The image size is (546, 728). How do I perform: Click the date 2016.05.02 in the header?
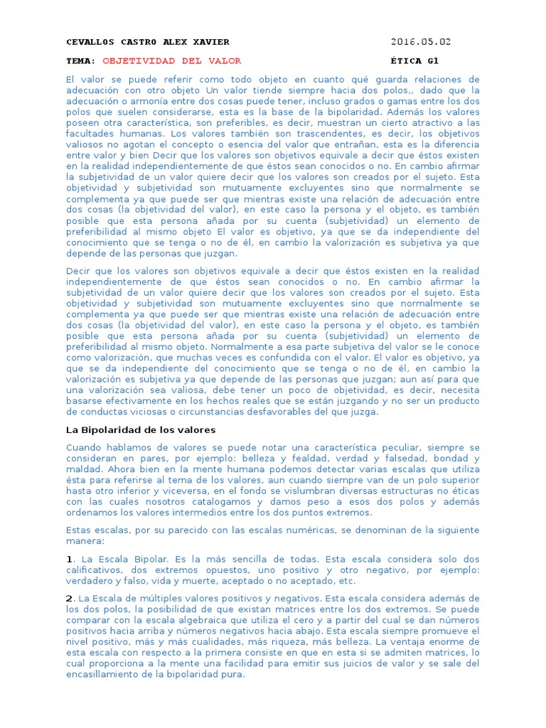[420, 42]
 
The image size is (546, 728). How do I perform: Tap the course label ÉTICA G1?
[419, 61]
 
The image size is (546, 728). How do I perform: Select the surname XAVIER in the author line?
[205, 42]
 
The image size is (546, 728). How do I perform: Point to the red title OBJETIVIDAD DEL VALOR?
[172, 61]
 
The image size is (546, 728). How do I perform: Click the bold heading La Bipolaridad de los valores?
[141, 430]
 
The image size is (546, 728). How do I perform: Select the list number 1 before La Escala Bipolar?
[69, 559]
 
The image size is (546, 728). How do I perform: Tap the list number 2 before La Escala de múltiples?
[69, 599]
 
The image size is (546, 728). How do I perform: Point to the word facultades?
[88, 133]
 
